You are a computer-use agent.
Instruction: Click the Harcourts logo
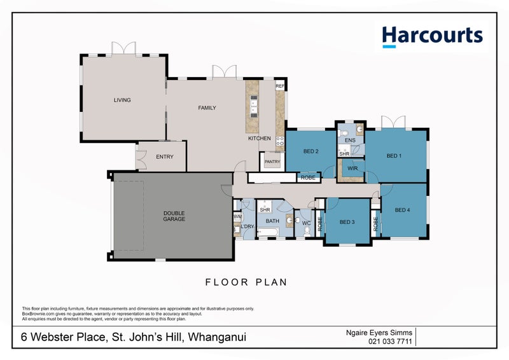point(432,36)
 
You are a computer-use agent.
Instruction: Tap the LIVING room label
point(122,100)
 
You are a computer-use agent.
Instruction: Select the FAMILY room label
point(207,108)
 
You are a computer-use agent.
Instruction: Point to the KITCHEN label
point(260,139)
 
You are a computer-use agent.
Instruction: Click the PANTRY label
point(272,162)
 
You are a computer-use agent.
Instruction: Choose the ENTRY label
point(164,157)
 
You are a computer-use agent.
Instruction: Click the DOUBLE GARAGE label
point(174,216)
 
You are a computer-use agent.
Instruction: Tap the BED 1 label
point(394,156)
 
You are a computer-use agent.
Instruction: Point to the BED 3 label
point(347,222)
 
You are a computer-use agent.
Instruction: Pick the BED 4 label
point(403,211)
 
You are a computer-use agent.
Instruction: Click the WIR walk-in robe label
point(353,169)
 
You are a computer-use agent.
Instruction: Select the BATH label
point(272,221)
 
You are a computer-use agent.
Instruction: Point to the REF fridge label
point(280,85)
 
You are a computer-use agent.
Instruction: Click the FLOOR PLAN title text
point(246,282)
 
